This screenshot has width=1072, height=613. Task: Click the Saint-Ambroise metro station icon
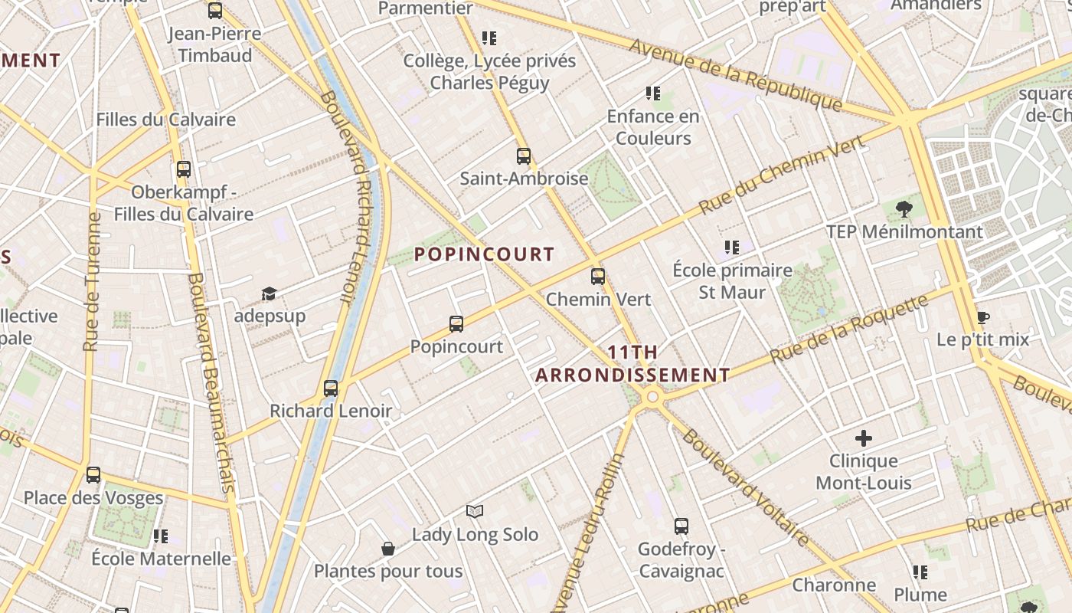[x=524, y=156]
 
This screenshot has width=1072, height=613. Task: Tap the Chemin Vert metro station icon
[x=598, y=277]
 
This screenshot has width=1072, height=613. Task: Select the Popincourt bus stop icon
[x=456, y=324]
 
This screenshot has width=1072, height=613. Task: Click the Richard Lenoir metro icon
[x=331, y=388]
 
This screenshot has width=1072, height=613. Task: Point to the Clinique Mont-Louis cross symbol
[x=864, y=438]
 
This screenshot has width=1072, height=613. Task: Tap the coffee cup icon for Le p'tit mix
[x=983, y=317]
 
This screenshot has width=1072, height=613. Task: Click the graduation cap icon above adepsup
[x=269, y=294]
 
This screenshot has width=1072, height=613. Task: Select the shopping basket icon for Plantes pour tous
[x=388, y=549]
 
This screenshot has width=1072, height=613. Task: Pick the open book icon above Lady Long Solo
[x=475, y=511]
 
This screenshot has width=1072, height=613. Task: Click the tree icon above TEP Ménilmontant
[x=904, y=208]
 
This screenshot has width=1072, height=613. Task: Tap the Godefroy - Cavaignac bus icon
[x=681, y=526]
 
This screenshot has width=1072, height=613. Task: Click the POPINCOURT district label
[x=484, y=254]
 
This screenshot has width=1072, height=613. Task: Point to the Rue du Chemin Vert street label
[x=782, y=175]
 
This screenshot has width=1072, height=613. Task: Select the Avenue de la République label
[x=735, y=74]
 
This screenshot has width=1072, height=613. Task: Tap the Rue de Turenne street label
[x=93, y=281]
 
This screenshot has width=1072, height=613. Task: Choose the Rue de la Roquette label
[x=849, y=329]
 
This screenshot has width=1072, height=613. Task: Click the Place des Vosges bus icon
[x=93, y=475]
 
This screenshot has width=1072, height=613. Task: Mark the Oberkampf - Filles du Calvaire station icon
[x=184, y=169]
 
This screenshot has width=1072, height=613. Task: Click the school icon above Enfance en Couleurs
[x=653, y=93]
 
